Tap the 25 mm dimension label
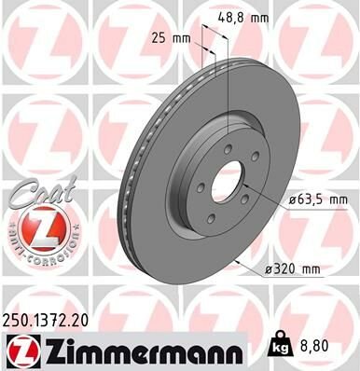(165, 38)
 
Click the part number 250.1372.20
(52, 320)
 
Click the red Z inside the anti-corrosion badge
(35, 228)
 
